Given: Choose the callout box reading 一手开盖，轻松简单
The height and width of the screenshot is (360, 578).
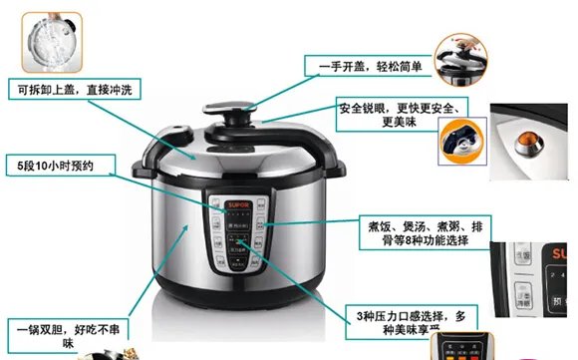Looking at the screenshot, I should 363,67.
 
